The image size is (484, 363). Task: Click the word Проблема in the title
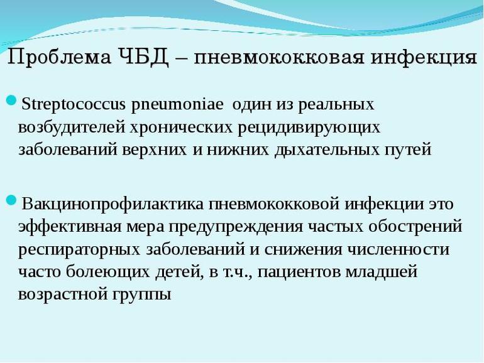58,57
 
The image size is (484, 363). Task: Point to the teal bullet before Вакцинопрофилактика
11,200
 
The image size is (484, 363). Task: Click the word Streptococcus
74,105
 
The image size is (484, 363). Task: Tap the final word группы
141,295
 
